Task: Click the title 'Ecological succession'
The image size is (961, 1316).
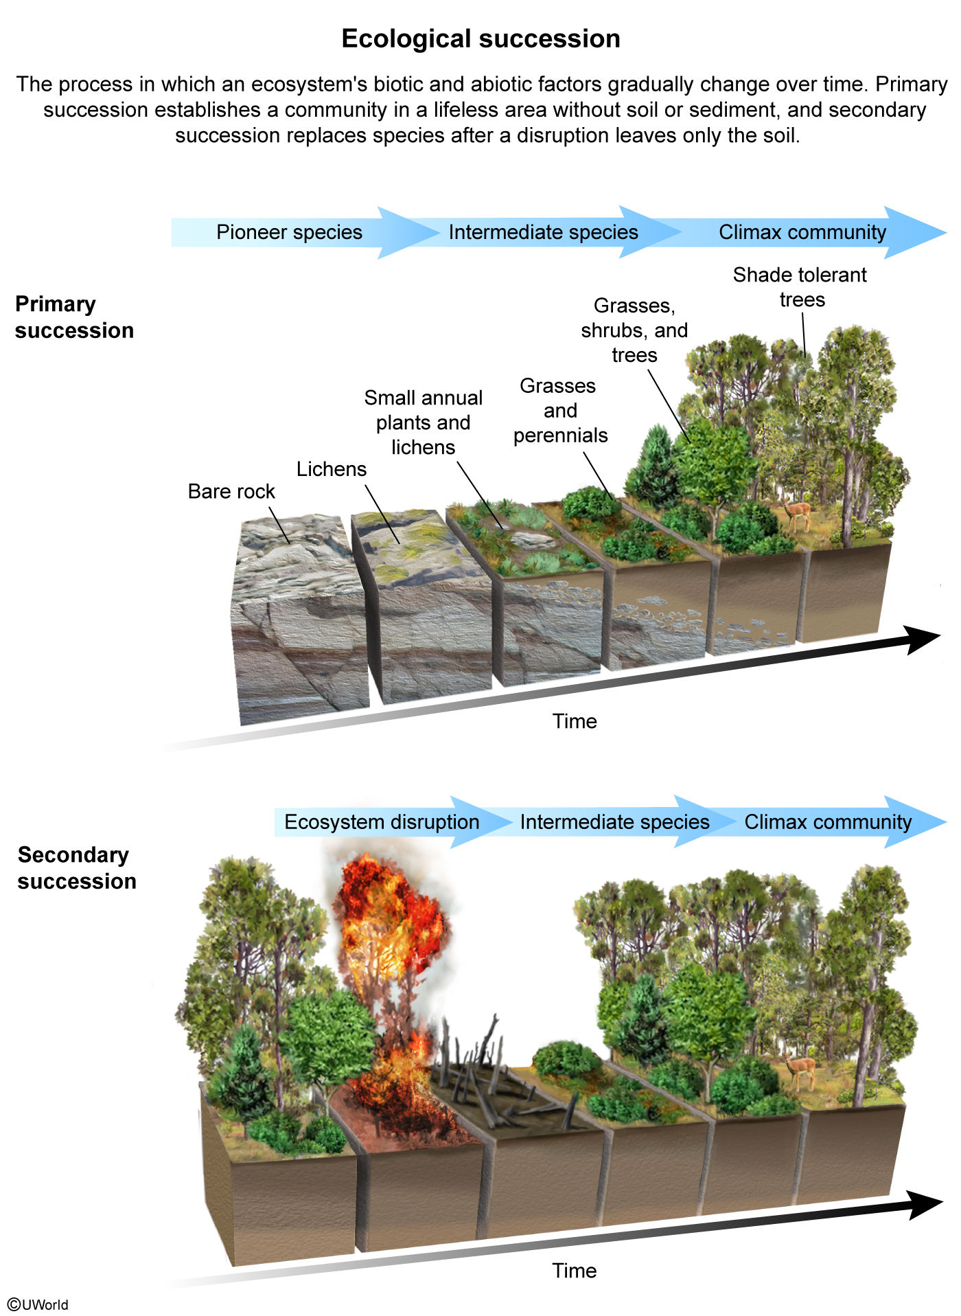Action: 480,39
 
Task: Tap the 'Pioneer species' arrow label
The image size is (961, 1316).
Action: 289,232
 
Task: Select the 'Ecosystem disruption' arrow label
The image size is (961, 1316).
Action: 382,822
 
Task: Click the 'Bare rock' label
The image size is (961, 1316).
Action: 231,492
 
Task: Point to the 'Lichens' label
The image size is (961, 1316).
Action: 332,469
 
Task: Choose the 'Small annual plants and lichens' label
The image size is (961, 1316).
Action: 424,422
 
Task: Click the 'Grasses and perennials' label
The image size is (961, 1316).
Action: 559,411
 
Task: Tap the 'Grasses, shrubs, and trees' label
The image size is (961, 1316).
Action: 634,330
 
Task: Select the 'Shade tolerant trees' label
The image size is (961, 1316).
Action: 800,287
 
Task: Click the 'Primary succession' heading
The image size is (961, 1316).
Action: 74,317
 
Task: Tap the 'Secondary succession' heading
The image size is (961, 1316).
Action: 77,868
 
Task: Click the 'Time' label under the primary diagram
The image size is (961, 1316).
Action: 575,721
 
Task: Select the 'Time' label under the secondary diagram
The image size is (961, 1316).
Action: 575,1271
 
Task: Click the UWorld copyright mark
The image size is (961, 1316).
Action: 38,1304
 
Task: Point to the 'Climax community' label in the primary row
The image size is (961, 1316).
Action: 802,232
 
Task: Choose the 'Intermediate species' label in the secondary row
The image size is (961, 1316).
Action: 614,822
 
